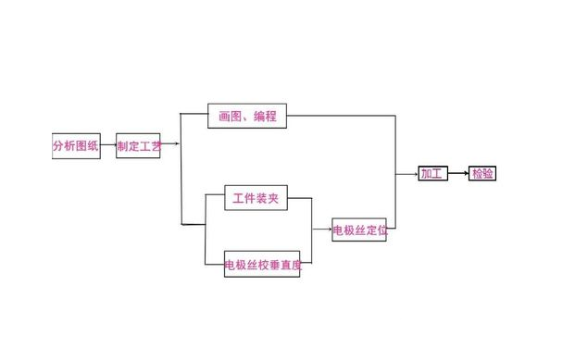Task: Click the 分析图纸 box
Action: coord(76,145)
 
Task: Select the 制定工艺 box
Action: coord(138,145)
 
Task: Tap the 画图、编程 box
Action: coord(246,116)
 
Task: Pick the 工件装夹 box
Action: coord(256,198)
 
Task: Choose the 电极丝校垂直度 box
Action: coord(262,266)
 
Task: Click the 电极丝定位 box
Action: coord(359,230)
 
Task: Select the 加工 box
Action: coord(432,173)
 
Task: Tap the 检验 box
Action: coord(481,173)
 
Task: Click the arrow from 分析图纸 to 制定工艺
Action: coord(108,145)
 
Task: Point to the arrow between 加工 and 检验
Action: coord(458,173)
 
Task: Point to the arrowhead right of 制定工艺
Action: coord(176,143)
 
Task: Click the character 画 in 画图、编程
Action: coord(224,116)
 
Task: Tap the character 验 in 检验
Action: coord(488,173)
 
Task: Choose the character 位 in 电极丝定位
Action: coord(381,230)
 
